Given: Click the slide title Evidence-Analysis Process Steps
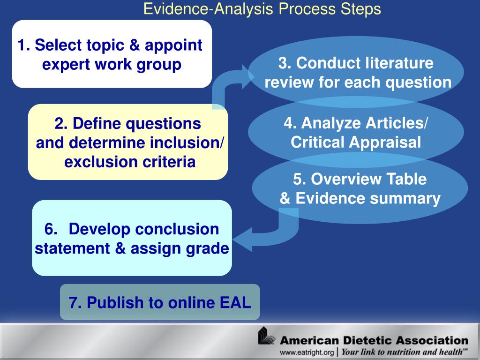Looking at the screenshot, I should click(x=262, y=9).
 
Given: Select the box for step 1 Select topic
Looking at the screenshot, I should click(x=112, y=54).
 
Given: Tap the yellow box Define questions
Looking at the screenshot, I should click(x=128, y=142).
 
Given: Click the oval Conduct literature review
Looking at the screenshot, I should click(x=356, y=73).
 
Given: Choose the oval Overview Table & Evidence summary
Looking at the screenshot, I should click(x=360, y=188).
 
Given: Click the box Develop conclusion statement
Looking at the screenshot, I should click(x=132, y=238).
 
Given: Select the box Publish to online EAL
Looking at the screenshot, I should click(x=160, y=302).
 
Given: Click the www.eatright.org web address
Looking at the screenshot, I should click(x=307, y=352).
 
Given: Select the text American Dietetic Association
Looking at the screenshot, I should click(x=374, y=340).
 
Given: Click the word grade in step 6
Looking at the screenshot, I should click(x=208, y=248).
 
